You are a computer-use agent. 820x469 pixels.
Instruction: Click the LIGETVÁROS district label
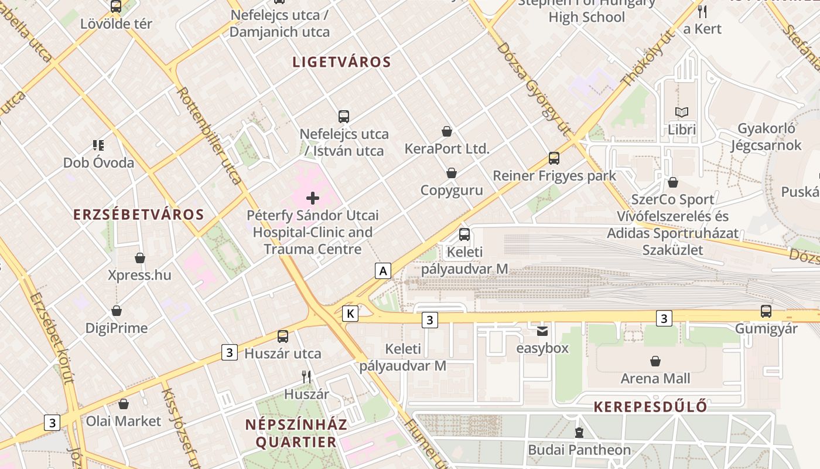(341, 62)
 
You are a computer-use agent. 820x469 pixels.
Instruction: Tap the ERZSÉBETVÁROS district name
(139, 215)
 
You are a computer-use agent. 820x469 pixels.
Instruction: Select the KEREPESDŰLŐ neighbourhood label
(650, 407)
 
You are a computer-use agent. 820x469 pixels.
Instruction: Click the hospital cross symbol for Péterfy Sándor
(313, 198)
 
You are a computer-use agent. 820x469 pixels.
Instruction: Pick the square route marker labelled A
(383, 270)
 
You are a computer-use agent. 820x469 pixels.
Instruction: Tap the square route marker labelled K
(350, 313)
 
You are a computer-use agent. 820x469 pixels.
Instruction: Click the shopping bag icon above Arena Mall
(655, 361)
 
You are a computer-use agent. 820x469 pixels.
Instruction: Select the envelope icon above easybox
(542, 331)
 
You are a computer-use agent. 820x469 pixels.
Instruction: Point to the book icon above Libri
(682, 112)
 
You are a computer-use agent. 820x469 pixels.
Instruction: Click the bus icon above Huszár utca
(283, 337)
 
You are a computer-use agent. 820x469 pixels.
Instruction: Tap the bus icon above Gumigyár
(766, 311)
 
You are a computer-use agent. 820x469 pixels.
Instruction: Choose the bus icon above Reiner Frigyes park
(554, 158)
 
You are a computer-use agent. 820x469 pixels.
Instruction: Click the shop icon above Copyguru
(452, 173)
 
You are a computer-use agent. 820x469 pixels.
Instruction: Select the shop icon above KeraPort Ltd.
(447, 131)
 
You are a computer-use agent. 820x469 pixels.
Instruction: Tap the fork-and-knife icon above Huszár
(306, 376)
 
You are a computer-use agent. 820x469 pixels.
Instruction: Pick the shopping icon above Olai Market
(124, 404)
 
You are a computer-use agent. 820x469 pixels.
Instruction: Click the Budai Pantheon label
(579, 450)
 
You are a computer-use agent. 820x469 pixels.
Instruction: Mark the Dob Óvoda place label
(98, 163)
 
